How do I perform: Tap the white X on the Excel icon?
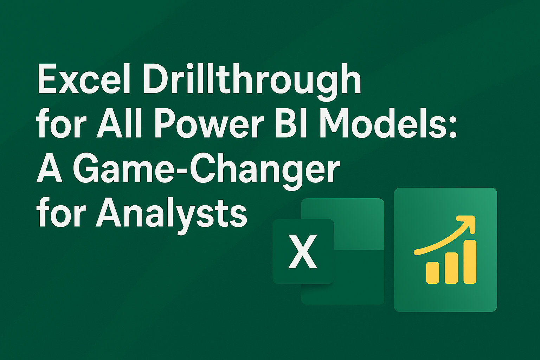click(x=303, y=252)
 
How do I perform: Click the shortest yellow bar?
click(x=432, y=272)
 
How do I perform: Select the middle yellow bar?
click(x=451, y=268)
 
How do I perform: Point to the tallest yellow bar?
click(x=470, y=262)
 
